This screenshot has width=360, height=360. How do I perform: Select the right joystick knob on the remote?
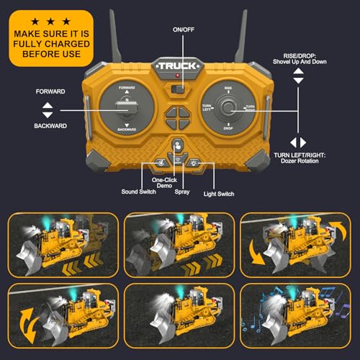(228, 109)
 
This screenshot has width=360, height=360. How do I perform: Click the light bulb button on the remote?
(194, 163)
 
